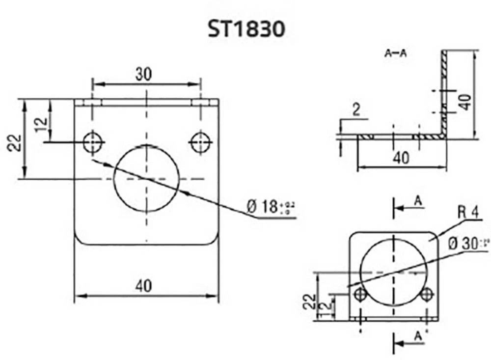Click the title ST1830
click(245, 29)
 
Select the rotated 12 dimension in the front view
click(42, 121)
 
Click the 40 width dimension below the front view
click(143, 286)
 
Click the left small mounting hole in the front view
click(92, 142)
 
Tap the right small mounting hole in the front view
click(200, 142)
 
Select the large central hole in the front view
click(146, 178)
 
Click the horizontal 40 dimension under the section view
click(401, 158)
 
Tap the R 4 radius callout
click(468, 213)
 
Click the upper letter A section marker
click(418, 200)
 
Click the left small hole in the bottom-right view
click(361, 294)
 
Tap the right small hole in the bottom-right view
click(427, 294)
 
